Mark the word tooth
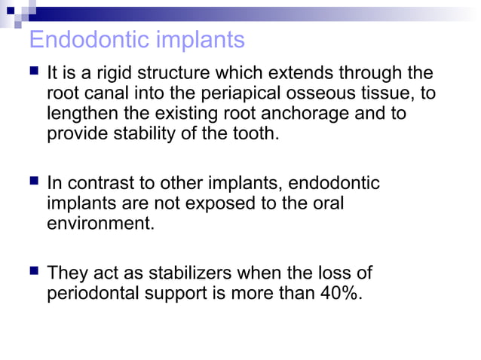(x=256, y=135)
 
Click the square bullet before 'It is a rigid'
(x=34, y=73)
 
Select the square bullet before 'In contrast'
(x=34, y=183)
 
